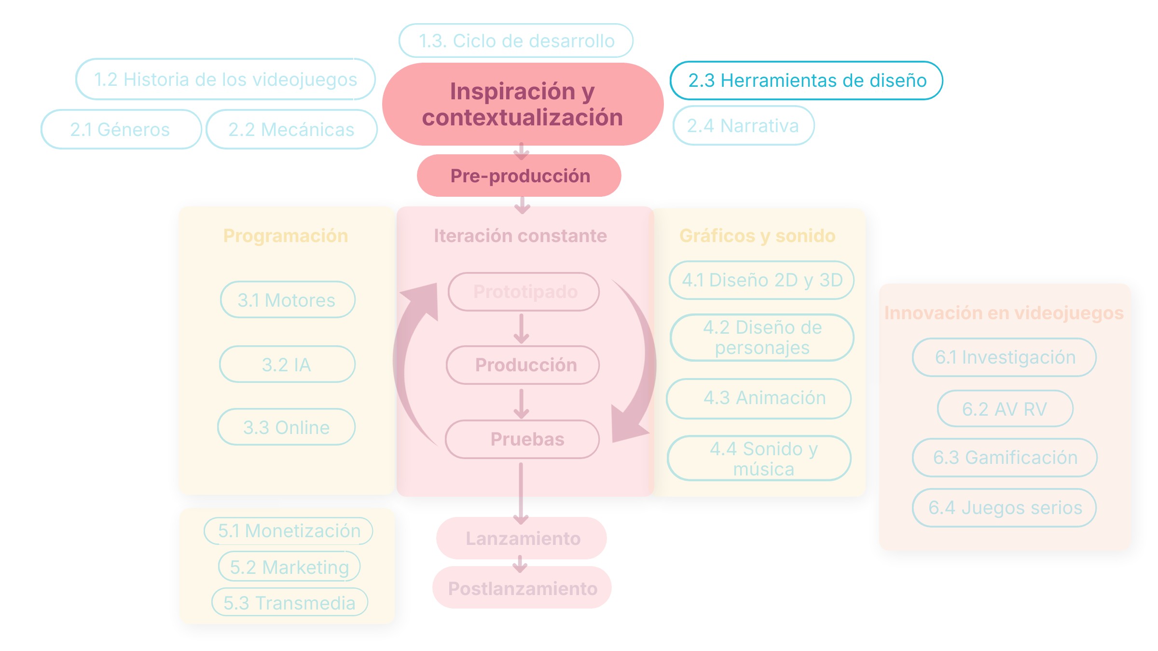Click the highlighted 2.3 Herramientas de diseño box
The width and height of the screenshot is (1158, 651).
[806, 81]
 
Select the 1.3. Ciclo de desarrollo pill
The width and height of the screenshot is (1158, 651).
[516, 41]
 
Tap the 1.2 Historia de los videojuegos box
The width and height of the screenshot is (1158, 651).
[225, 79]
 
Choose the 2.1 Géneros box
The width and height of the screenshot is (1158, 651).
[121, 129]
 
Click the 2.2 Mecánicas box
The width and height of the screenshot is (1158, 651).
[291, 129]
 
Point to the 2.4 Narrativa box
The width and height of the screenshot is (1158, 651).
[744, 125]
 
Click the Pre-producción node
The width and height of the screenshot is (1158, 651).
[519, 176]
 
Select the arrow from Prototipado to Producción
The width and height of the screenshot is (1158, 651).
[521, 329]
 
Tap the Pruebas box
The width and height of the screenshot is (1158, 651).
[523, 439]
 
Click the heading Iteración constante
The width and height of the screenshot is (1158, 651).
[520, 236]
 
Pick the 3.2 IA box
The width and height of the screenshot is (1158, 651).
[287, 364]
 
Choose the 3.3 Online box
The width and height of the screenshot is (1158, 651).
[286, 427]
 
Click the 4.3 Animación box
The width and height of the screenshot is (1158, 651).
[758, 398]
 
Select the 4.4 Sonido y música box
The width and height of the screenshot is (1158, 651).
[759, 458]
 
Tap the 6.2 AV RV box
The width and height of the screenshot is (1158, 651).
[1005, 408]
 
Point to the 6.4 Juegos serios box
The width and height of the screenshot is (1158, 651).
[1005, 507]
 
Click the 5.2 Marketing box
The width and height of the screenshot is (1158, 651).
[289, 567]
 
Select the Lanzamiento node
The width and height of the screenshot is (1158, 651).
[522, 538]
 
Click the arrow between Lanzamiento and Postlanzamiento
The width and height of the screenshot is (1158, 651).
[520, 564]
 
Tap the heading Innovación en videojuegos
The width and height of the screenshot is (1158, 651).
[1004, 313]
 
